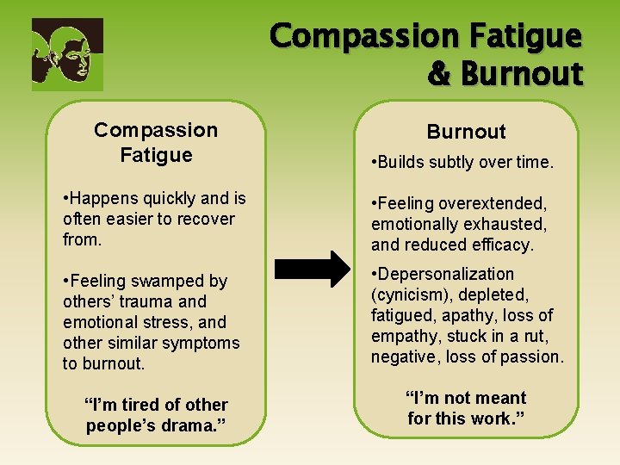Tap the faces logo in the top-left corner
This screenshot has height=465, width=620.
[67, 54]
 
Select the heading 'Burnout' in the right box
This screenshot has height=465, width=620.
[466, 132]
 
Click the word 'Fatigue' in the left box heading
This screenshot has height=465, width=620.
[156, 155]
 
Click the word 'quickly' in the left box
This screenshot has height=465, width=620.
[162, 198]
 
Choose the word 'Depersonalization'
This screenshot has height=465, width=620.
[443, 274]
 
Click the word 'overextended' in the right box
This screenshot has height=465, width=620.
[498, 203]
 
